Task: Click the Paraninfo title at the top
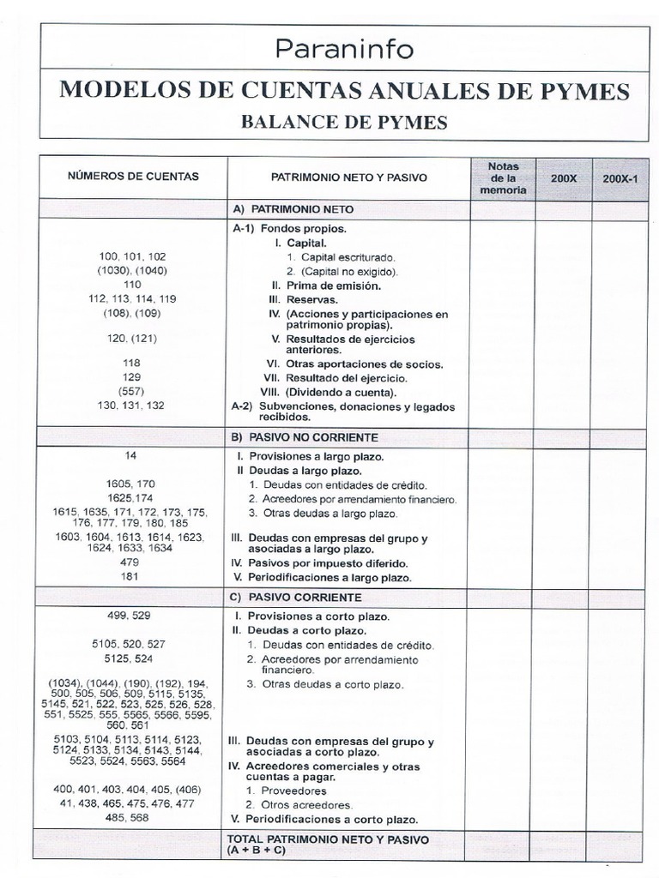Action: point(344,49)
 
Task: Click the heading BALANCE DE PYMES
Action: point(344,122)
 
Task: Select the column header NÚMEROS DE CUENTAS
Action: point(133,177)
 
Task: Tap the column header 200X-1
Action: point(618,177)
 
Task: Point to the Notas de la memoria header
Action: point(503,177)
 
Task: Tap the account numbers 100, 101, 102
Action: point(132,256)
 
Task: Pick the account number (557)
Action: point(132,391)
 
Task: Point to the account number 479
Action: point(132,562)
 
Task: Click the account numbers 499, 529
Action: point(132,616)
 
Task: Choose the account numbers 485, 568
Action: point(132,817)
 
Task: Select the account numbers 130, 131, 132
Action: point(132,405)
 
